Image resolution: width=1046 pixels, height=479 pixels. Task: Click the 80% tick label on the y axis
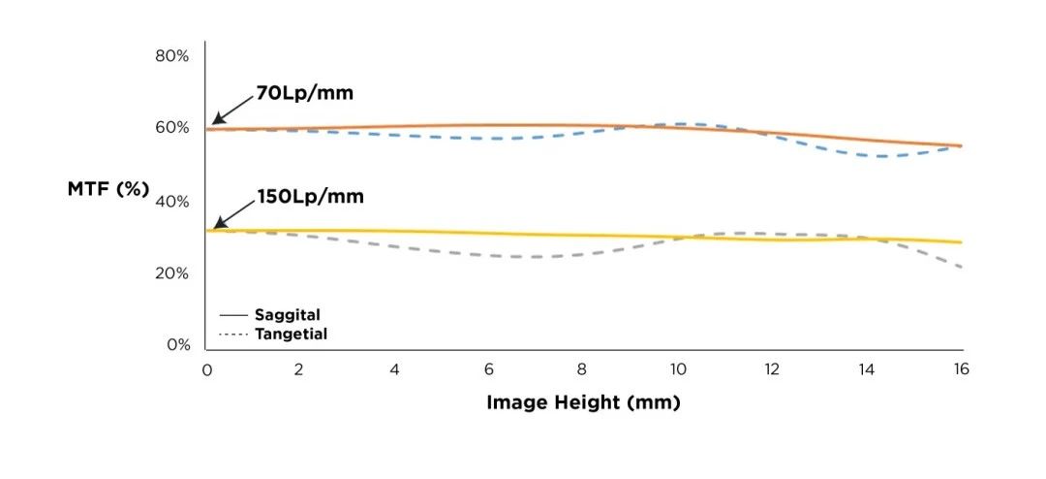coord(171,55)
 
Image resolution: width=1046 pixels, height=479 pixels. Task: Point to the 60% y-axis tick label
coord(171,128)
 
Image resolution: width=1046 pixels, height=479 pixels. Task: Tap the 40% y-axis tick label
coord(171,202)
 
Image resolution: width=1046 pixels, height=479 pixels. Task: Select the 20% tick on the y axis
coord(171,273)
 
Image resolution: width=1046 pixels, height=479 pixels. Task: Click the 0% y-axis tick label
coord(175,345)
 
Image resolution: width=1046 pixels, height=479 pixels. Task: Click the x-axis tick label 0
coord(206,369)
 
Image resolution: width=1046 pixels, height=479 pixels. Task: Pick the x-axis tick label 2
coord(299,369)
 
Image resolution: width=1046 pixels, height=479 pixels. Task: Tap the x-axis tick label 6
coord(489,369)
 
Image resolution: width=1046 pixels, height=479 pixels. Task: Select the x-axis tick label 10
coord(678,369)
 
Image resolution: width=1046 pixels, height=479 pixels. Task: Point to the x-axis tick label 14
coord(867,369)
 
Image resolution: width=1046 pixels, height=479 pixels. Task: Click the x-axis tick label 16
coord(961,369)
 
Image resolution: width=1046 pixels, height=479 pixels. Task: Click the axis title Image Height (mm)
coord(583,402)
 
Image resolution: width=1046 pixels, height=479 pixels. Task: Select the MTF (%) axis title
coord(108,189)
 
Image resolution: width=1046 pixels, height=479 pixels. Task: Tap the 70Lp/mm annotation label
coord(304,94)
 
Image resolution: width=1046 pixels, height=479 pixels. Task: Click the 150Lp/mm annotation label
coord(310,197)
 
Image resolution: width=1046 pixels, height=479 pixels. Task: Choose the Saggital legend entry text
coord(287,315)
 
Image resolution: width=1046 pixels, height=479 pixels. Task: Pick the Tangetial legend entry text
coord(291,335)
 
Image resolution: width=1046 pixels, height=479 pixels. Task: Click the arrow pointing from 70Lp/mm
coord(232,110)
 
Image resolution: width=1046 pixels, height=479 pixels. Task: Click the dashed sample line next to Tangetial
coord(233,335)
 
